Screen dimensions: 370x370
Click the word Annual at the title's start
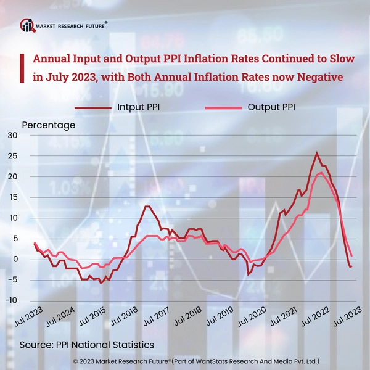tap(52, 60)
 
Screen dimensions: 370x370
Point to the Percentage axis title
tap(49, 125)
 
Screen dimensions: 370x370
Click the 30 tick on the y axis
tap(12, 136)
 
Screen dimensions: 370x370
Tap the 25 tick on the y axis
tap(12, 156)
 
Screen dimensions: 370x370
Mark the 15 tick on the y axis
tap(12, 197)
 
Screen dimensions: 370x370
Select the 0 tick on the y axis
tap(15, 259)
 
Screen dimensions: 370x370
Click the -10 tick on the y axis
tap(11, 300)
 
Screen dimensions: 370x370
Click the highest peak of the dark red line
tap(317, 153)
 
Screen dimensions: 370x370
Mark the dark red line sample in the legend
tap(93, 107)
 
